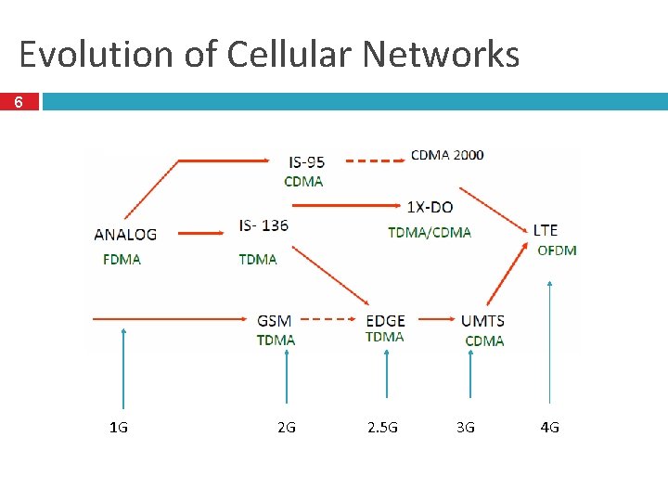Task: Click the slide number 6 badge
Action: (x=19, y=102)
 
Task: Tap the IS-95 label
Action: (x=307, y=162)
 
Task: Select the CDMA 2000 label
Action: (x=446, y=155)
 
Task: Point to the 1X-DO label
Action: (x=430, y=206)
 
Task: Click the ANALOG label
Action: (x=125, y=235)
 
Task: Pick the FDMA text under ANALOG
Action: (x=122, y=259)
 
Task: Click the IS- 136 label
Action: (x=263, y=225)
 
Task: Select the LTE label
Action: (x=546, y=230)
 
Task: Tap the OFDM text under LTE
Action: (x=557, y=250)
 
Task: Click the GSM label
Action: (x=275, y=321)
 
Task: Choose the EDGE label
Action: (x=385, y=321)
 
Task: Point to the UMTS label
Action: (x=482, y=321)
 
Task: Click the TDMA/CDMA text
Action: (x=430, y=232)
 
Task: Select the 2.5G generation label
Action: (x=382, y=428)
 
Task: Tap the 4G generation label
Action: (x=550, y=428)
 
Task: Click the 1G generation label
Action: (x=119, y=428)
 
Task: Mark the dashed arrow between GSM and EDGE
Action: (x=330, y=319)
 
